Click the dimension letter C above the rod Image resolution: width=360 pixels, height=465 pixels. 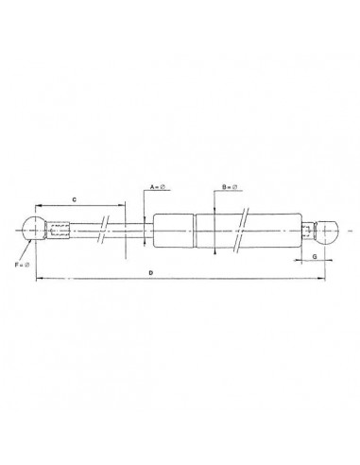(x=75, y=198)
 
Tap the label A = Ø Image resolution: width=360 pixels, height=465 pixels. (x=157, y=187)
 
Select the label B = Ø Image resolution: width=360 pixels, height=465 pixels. (x=228, y=187)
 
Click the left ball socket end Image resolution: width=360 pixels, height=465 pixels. (x=31, y=228)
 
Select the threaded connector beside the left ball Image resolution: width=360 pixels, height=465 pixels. (x=60, y=229)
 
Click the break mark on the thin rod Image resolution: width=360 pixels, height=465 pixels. (x=106, y=229)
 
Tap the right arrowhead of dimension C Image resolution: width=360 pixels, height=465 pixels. (x=123, y=204)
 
